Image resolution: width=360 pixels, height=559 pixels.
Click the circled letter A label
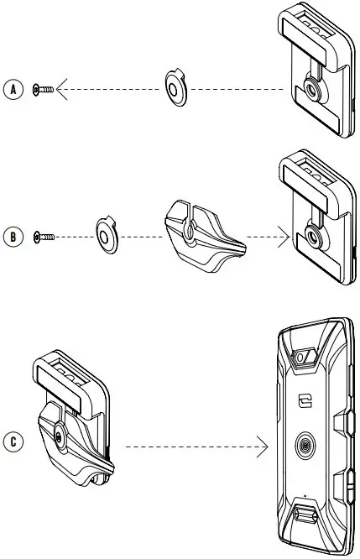[x=12, y=90]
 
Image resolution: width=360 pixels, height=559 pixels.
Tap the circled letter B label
[x=12, y=237]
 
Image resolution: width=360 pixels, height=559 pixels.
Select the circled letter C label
[x=12, y=439]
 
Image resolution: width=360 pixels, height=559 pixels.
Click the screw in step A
[x=43, y=89]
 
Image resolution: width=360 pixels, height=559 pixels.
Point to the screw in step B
[x=43, y=237]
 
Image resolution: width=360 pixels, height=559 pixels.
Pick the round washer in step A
[x=177, y=88]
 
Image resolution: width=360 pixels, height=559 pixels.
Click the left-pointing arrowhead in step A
[x=64, y=89]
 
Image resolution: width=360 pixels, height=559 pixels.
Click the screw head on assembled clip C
[x=57, y=436]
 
